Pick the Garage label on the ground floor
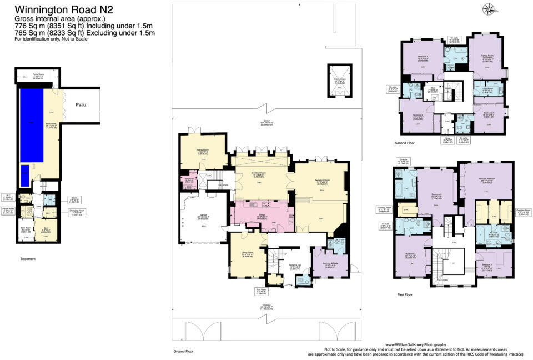(203, 217)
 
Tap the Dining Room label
(247, 255)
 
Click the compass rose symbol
(490, 9)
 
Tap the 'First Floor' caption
(405, 294)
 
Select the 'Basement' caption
(28, 259)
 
